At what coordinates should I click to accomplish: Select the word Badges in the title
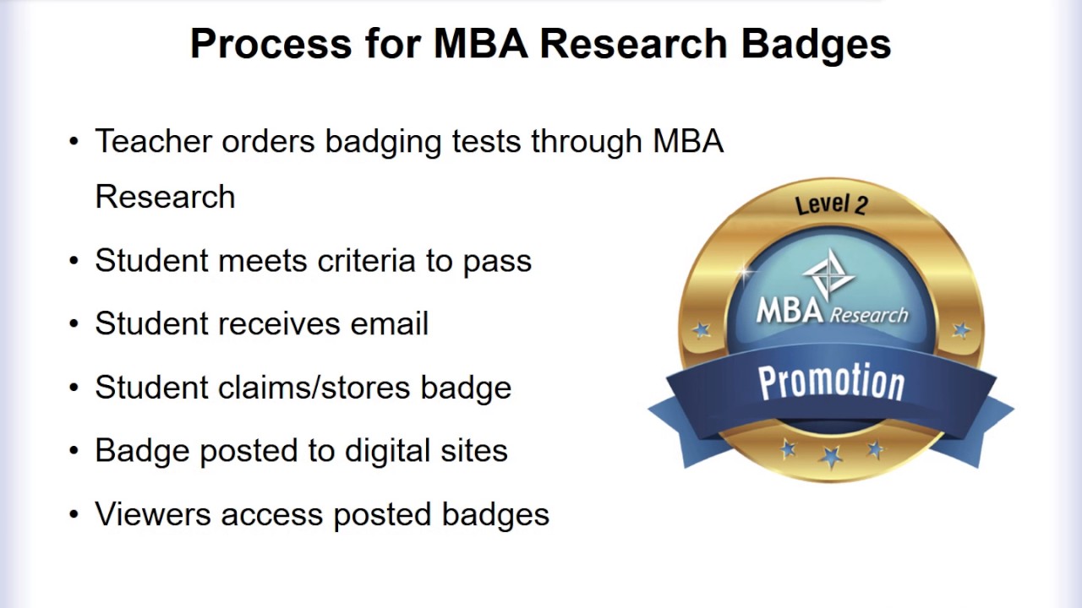coord(816,44)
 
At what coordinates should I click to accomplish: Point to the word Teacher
coord(153,141)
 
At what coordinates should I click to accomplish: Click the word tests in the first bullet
coord(487,141)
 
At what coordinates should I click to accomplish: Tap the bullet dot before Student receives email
coord(74,324)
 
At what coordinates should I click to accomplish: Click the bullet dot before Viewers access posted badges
coord(74,514)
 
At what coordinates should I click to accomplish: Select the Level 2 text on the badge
coord(831,204)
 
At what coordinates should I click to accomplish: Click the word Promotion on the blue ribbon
coord(831,382)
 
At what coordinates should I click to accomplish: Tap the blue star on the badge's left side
coord(702,328)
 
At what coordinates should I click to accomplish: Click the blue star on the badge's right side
coord(961,328)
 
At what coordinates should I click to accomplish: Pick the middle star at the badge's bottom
coord(831,457)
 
